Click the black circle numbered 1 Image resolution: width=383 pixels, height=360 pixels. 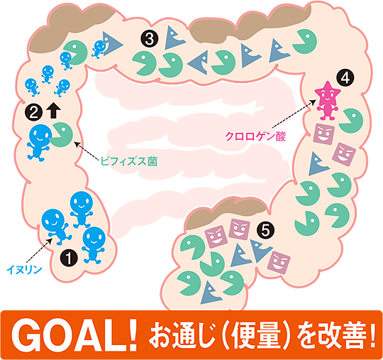click(69, 258)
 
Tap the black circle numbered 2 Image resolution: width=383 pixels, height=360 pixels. click(34, 112)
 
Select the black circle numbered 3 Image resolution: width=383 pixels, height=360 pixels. click(149, 38)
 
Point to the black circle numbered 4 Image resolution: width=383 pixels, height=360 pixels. click(345, 78)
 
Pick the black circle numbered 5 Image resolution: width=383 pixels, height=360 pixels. click(265, 230)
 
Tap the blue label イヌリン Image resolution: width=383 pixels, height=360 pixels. click(24, 270)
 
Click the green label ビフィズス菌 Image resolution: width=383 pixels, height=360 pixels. click(129, 162)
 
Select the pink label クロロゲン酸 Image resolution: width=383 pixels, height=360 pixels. click(255, 136)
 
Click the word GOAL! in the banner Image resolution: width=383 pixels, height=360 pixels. click(74, 335)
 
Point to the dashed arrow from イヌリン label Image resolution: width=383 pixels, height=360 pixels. click(38, 250)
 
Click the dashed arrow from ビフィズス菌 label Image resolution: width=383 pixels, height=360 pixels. click(87, 152)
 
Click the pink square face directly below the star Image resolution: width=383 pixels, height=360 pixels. click(323, 133)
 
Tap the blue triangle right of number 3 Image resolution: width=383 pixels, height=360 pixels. click(174, 38)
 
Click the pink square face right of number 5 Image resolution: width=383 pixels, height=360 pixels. click(279, 263)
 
